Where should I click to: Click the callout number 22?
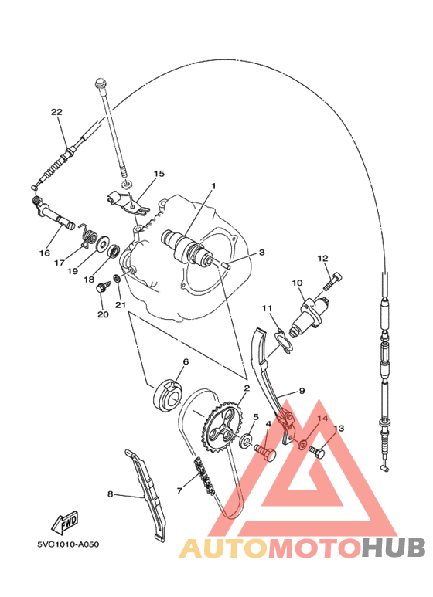click(x=56, y=112)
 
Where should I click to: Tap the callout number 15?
click(x=159, y=174)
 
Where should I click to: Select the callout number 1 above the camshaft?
click(x=213, y=186)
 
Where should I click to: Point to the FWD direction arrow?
click(x=65, y=521)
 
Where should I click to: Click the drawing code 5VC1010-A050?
click(x=68, y=544)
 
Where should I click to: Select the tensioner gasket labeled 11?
click(x=283, y=342)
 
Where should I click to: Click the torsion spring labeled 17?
click(x=87, y=236)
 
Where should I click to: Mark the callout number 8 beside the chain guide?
click(x=110, y=494)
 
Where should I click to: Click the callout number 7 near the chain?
click(x=179, y=490)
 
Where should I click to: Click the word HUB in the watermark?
click(x=393, y=548)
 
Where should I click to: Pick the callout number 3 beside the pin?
click(x=261, y=252)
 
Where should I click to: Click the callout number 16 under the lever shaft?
click(x=45, y=253)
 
